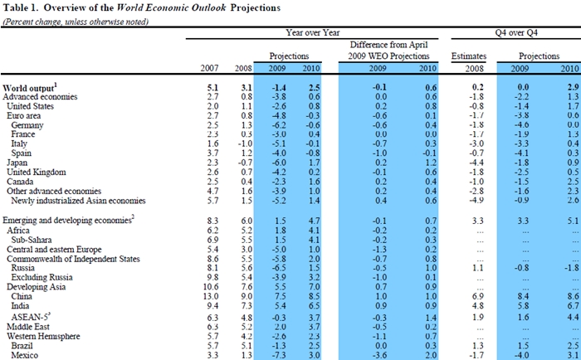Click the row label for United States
[x=32, y=106]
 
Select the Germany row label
[x=27, y=124]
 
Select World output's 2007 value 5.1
[x=212, y=86]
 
